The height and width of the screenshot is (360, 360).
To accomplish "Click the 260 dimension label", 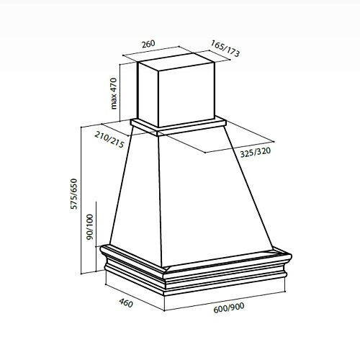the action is [x=148, y=44].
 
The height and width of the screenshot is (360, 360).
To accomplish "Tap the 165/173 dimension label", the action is [x=225, y=48].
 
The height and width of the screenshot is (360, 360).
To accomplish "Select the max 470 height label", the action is [x=114, y=94].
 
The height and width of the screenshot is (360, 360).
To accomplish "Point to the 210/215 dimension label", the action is [x=109, y=140].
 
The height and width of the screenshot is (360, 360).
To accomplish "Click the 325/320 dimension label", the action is [x=256, y=153].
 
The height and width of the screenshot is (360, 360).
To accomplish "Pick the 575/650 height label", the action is [x=74, y=194].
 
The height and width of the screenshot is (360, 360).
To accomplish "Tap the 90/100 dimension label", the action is [x=90, y=227].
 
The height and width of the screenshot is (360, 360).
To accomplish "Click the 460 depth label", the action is [x=126, y=303].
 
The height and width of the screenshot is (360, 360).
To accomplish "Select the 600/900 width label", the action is [x=229, y=307].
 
